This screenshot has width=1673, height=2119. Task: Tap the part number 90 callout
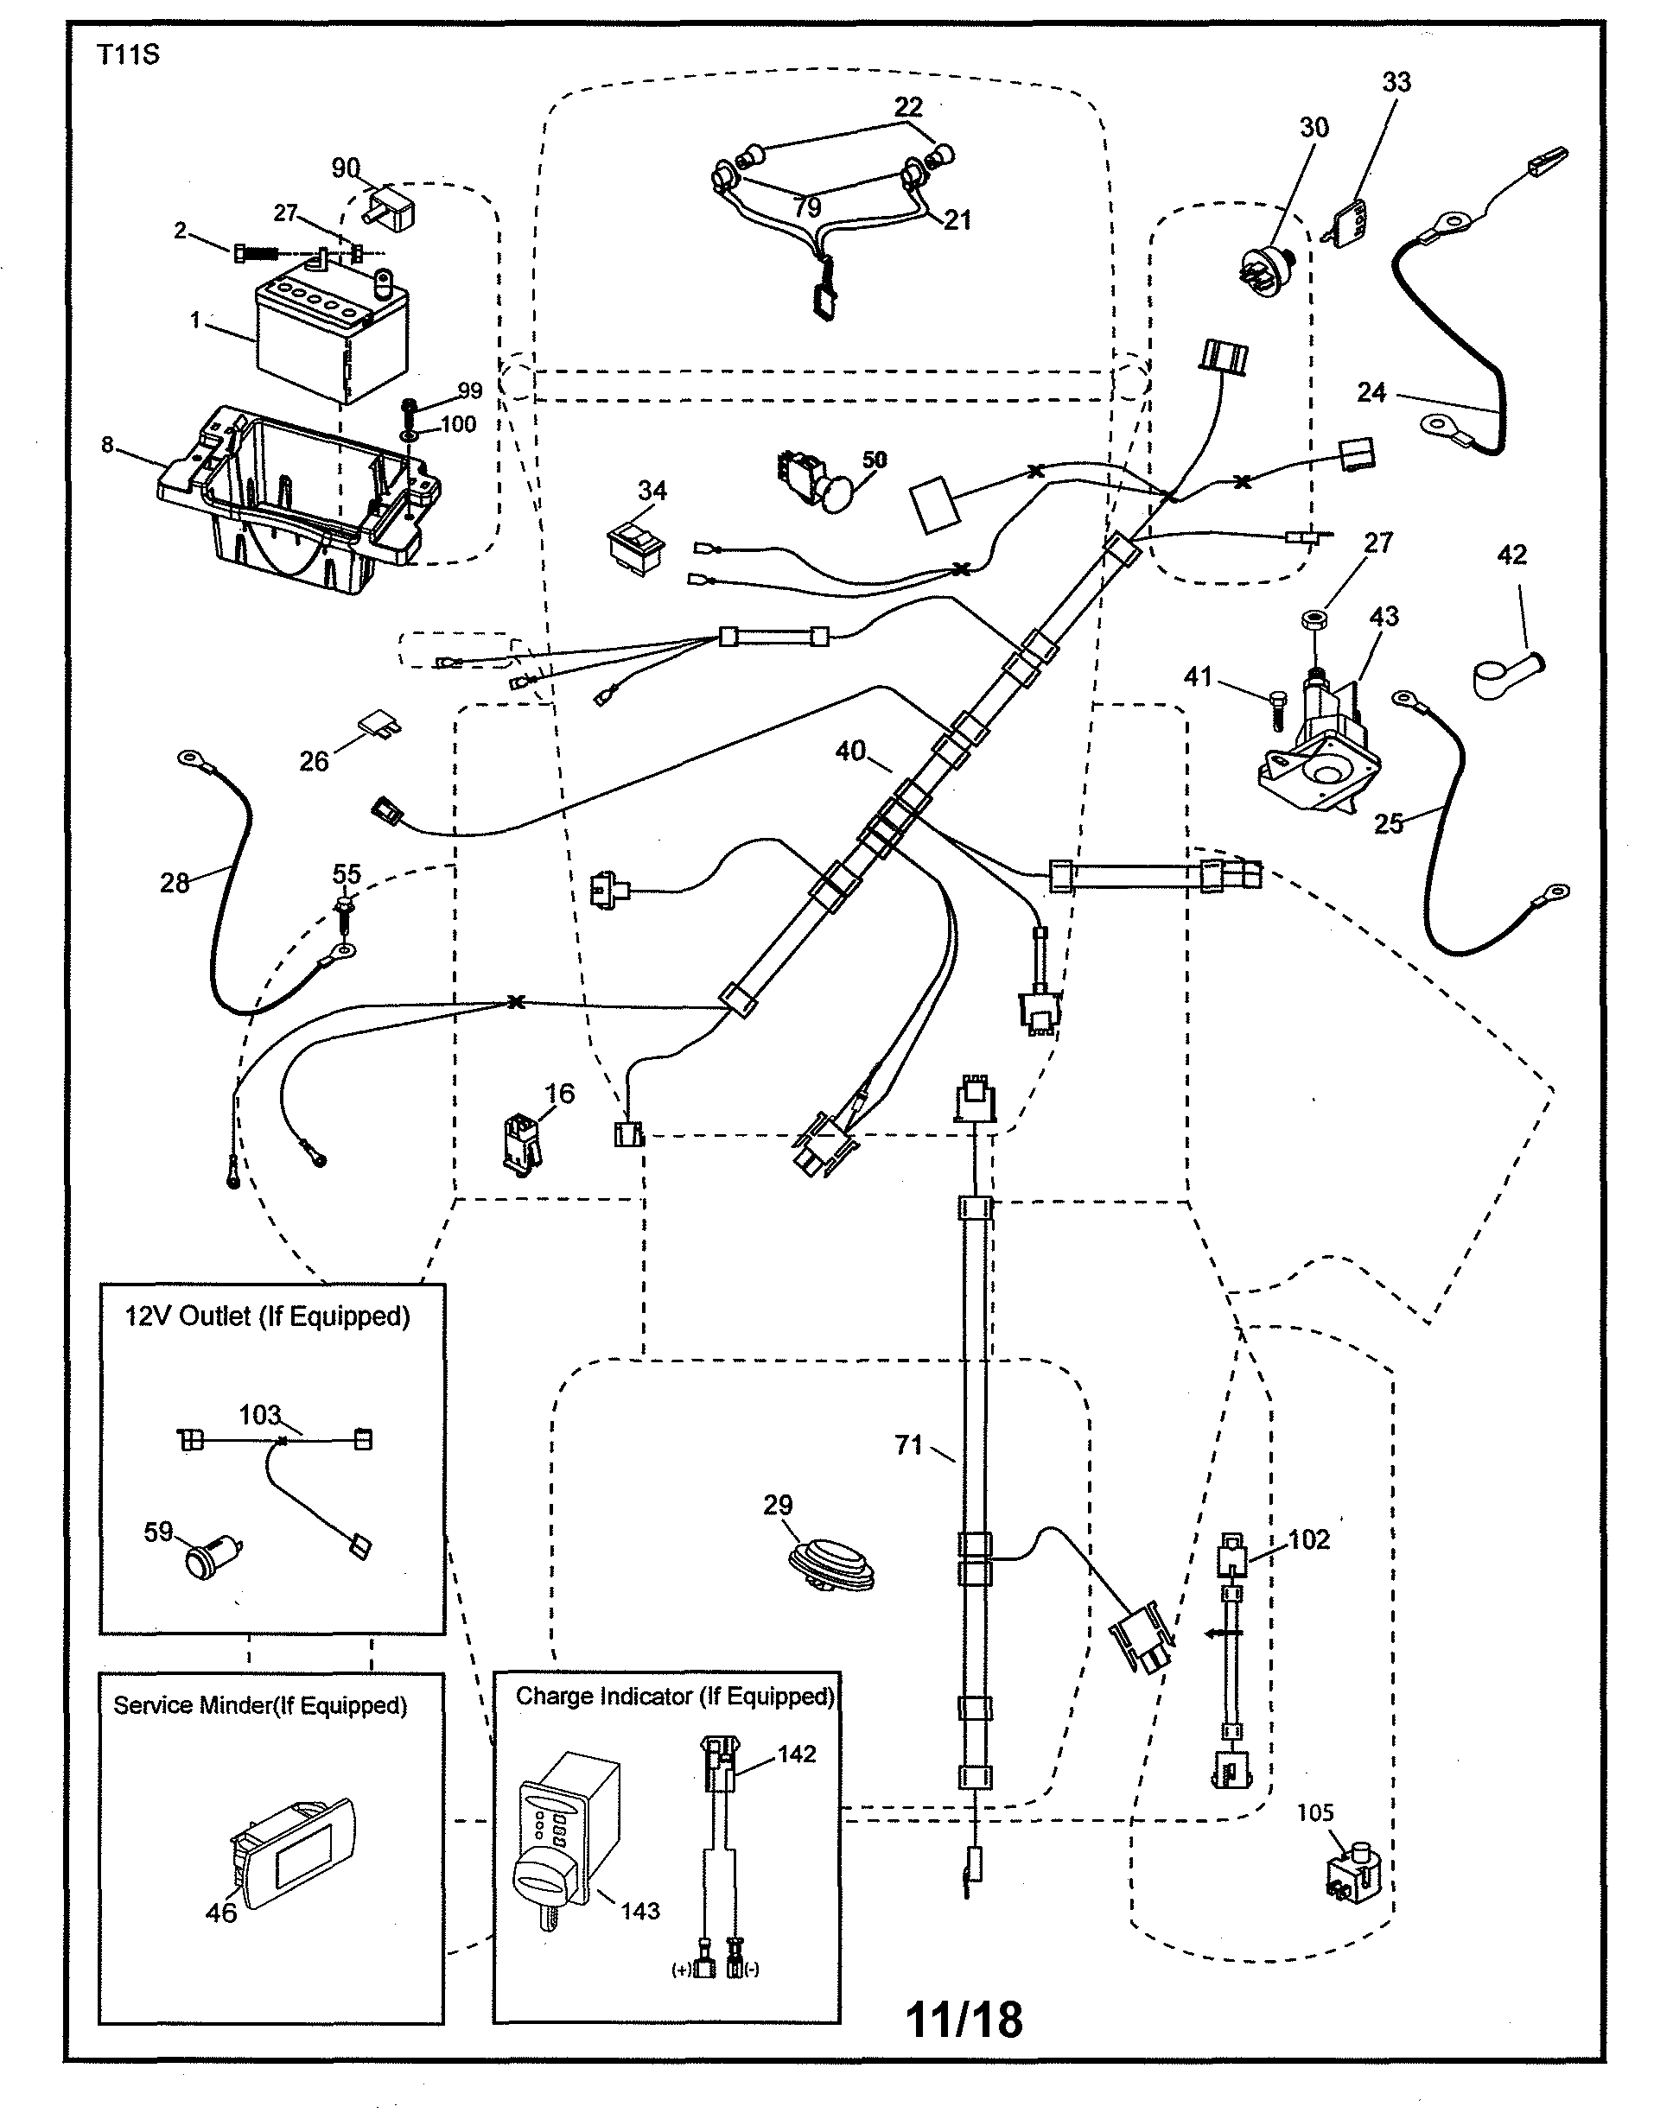[346, 168]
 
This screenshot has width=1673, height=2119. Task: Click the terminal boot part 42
[1504, 676]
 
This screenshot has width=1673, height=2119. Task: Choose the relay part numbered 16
[521, 1142]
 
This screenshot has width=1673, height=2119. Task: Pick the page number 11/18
[964, 2019]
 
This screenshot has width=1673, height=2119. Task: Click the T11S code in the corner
[127, 54]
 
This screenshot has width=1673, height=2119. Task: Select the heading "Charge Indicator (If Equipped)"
[675, 1697]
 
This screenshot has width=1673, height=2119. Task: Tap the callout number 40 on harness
[849, 751]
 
